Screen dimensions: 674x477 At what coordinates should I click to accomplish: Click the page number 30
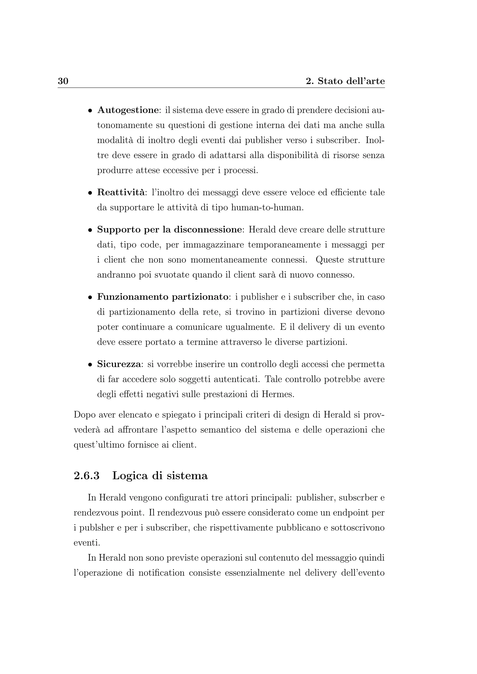click(63, 81)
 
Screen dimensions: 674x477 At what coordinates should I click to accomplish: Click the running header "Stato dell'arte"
click(351, 81)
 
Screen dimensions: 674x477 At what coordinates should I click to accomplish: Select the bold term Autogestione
click(128, 110)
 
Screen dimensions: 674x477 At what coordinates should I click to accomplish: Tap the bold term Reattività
click(121, 192)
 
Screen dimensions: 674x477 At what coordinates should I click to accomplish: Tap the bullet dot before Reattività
click(90, 193)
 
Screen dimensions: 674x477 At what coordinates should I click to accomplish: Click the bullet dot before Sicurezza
click(90, 365)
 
